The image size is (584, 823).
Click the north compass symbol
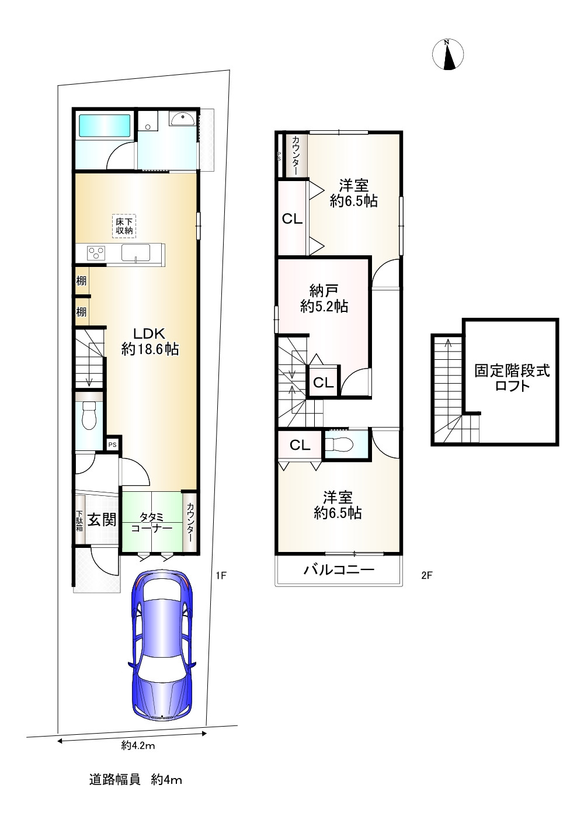click(x=448, y=54)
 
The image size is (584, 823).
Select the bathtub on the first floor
click(x=105, y=126)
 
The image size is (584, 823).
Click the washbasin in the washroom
click(x=183, y=119)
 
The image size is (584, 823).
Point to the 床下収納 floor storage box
click(x=124, y=226)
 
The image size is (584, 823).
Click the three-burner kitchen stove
click(x=96, y=254)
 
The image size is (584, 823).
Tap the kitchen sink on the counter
click(x=136, y=253)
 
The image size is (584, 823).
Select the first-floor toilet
click(x=89, y=415)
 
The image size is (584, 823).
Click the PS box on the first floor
click(x=112, y=445)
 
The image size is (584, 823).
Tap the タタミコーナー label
click(x=151, y=523)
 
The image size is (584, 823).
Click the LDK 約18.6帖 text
click(x=150, y=341)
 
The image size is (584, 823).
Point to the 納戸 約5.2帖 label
click(x=324, y=298)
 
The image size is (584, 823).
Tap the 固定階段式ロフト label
click(x=512, y=378)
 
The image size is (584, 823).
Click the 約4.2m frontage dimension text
click(x=138, y=744)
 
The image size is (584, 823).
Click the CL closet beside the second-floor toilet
click(x=300, y=445)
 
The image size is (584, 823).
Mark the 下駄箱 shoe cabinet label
click(x=79, y=520)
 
